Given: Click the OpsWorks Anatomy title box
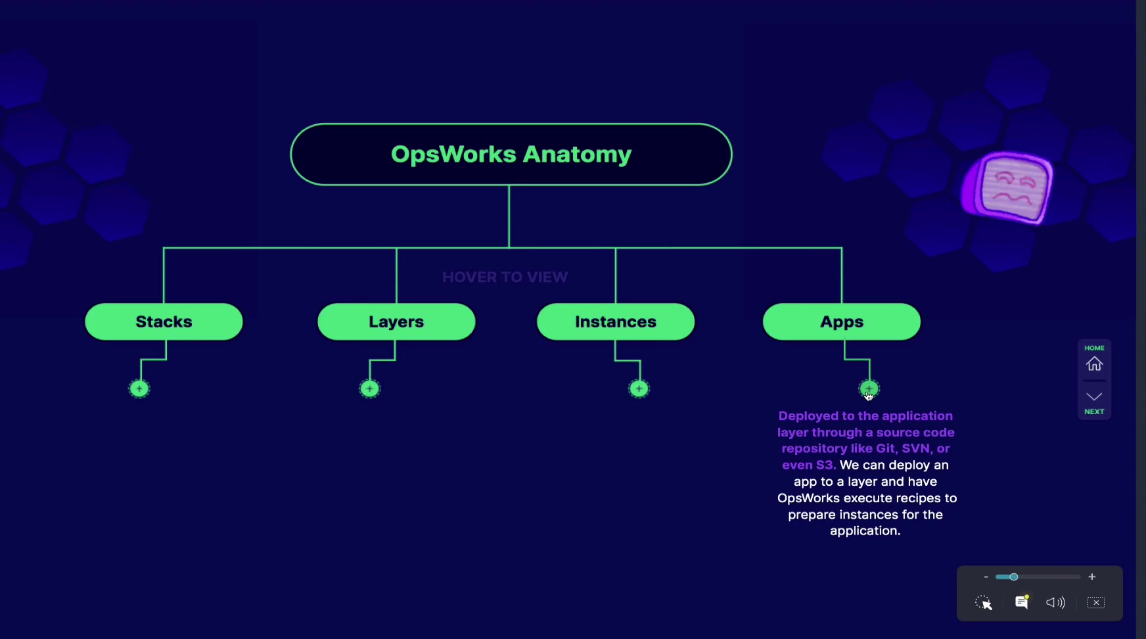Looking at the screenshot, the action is pyautogui.click(x=511, y=154).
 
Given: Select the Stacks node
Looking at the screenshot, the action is pyautogui.click(x=164, y=321).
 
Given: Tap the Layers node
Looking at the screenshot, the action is pyautogui.click(x=396, y=321).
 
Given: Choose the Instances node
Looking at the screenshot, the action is pyautogui.click(x=616, y=321).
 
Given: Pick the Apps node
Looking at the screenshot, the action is pyautogui.click(x=842, y=321).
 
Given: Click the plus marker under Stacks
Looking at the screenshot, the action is pyautogui.click(x=139, y=389).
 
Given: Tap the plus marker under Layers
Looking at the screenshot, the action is pyautogui.click(x=370, y=389).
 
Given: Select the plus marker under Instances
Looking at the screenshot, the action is pyautogui.click(x=639, y=389).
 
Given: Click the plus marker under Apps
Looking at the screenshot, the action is pyautogui.click(x=869, y=389).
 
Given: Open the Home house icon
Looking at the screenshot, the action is pyautogui.click(x=1094, y=364).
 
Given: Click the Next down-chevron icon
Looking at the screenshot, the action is pyautogui.click(x=1094, y=396).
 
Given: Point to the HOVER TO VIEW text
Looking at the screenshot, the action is pyautogui.click(x=505, y=277).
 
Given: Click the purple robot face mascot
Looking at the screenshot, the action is pyautogui.click(x=1007, y=188).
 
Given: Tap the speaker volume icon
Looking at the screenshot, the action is pyautogui.click(x=1055, y=603).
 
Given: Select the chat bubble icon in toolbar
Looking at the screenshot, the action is pyautogui.click(x=1022, y=602).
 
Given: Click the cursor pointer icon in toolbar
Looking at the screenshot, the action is pyautogui.click(x=984, y=603).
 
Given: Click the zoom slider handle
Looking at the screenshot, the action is pyautogui.click(x=1014, y=577).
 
